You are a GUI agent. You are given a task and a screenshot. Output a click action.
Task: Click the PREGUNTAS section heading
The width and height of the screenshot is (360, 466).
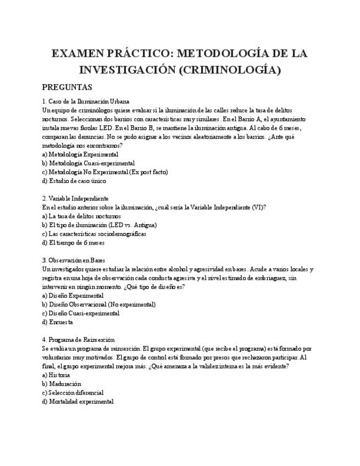67,87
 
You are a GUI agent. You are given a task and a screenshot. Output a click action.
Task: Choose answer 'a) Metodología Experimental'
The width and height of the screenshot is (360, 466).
80,154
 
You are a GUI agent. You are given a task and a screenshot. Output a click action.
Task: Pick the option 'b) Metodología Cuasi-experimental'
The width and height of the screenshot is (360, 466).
88,163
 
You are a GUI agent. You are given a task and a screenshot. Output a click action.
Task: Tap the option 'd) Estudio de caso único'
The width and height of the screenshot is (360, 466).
74,181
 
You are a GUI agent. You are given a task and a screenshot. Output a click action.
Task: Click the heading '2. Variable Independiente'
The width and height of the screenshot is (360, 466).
75,198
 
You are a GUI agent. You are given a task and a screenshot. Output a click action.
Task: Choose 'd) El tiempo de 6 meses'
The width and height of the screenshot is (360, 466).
74,242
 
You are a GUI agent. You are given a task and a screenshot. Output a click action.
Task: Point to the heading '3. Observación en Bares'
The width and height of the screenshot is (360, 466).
74,260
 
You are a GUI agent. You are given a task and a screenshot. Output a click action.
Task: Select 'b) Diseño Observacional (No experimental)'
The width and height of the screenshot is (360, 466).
99,304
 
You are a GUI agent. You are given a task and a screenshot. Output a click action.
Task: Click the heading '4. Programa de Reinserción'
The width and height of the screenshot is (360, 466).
78,340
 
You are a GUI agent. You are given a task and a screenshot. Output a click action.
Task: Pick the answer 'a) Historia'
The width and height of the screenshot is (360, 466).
56,375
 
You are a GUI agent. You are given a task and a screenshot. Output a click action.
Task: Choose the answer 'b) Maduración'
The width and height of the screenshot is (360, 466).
62,384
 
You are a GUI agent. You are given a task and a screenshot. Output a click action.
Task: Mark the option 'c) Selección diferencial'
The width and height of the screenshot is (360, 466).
73,392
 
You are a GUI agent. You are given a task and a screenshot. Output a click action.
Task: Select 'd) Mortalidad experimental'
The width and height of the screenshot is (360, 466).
78,401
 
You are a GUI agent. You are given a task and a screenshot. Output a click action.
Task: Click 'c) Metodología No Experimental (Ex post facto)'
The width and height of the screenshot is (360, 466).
105,172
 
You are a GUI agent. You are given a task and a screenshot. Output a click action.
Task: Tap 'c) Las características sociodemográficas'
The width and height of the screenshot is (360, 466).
94,234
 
